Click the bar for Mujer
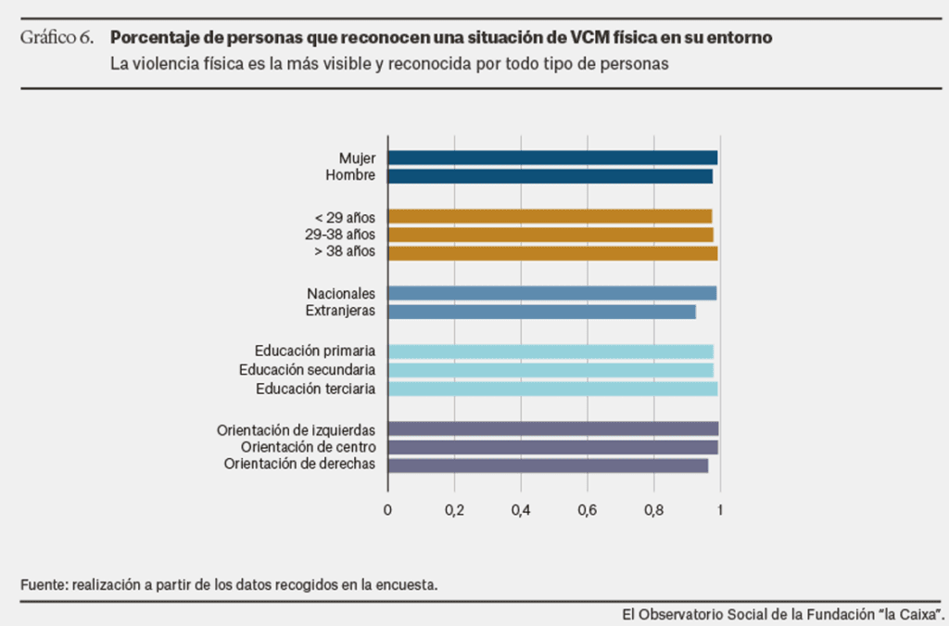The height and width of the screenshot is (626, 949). (x=552, y=158)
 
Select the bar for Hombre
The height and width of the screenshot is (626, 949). (x=550, y=176)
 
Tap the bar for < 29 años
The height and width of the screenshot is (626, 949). (x=550, y=216)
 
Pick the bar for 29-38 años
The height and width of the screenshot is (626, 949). (x=550, y=235)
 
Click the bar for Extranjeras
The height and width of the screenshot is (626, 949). (x=541, y=312)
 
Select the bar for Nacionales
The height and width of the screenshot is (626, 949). (x=552, y=293)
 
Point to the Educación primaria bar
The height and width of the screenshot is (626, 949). (x=550, y=351)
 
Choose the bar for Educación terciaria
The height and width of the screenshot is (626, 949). (x=552, y=389)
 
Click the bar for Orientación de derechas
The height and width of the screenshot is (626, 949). (x=548, y=466)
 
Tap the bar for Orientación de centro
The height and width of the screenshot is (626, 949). (x=552, y=447)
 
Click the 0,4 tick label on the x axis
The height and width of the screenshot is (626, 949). (x=520, y=509)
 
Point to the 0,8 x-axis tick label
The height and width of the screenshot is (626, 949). (x=653, y=509)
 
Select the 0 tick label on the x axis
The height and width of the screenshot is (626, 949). (x=387, y=509)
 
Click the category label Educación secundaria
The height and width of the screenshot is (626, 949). (x=307, y=370)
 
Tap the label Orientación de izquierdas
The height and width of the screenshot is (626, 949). (x=296, y=429)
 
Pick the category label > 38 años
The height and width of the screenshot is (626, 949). (x=345, y=253)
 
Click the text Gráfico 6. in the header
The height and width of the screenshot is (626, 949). (x=57, y=38)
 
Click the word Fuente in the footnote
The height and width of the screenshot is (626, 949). (x=42, y=585)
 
